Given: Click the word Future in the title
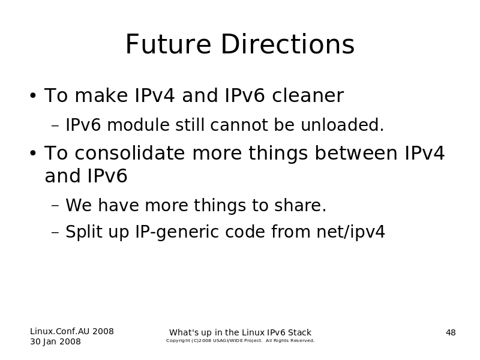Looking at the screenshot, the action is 169,44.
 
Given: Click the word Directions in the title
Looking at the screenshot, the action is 288,44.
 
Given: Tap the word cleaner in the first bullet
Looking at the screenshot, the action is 308,95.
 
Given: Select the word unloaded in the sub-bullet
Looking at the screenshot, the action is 342,125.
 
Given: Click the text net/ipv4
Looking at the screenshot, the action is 350,232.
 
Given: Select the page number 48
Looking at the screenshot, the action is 451,332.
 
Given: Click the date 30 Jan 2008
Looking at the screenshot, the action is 55,341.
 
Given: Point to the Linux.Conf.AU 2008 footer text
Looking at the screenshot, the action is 72,331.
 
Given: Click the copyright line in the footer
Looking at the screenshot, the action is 241,341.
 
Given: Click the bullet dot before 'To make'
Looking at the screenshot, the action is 33,96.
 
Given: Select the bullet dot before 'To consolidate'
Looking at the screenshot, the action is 33,153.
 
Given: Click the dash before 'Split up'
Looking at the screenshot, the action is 55,232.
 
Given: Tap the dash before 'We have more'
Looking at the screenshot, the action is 55,205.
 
